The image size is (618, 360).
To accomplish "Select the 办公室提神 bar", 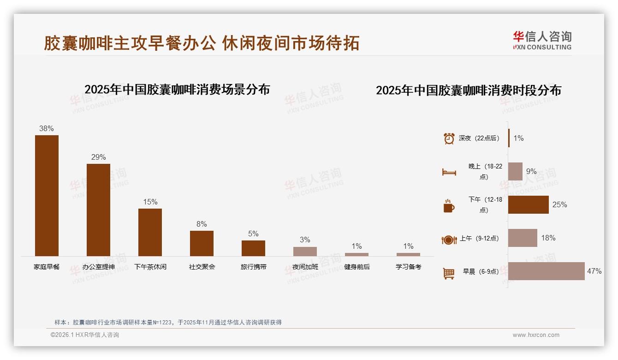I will pos(98,210).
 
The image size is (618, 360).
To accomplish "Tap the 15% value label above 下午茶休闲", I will pos(150,202).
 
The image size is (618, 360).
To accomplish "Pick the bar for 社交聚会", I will pos(202,243).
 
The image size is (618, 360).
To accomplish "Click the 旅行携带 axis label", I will pos(253,267).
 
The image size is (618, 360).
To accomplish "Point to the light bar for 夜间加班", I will pos(305,252).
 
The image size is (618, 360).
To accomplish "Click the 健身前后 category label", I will pos(357,267).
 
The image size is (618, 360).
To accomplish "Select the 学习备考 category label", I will pos(408,267).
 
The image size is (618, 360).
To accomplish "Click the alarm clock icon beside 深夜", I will pos(449,138).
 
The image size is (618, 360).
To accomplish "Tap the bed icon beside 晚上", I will pos(449,172).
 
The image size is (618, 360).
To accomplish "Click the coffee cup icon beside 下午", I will pos(449,206).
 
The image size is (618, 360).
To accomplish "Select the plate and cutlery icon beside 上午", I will pos(449,240).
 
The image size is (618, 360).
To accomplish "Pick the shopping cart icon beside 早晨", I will pos(449,273).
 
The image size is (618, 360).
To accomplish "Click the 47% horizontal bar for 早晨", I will pos(546,271).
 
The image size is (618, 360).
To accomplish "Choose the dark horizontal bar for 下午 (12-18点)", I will pos(528,204).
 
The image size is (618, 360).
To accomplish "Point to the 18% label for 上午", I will pos(548,238).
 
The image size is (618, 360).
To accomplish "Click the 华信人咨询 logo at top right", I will pos(542,40).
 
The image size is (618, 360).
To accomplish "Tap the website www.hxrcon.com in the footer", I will pos(536,335).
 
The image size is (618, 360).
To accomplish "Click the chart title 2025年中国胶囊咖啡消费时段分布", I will pos(468,90).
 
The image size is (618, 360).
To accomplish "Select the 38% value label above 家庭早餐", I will pos(47,129).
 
